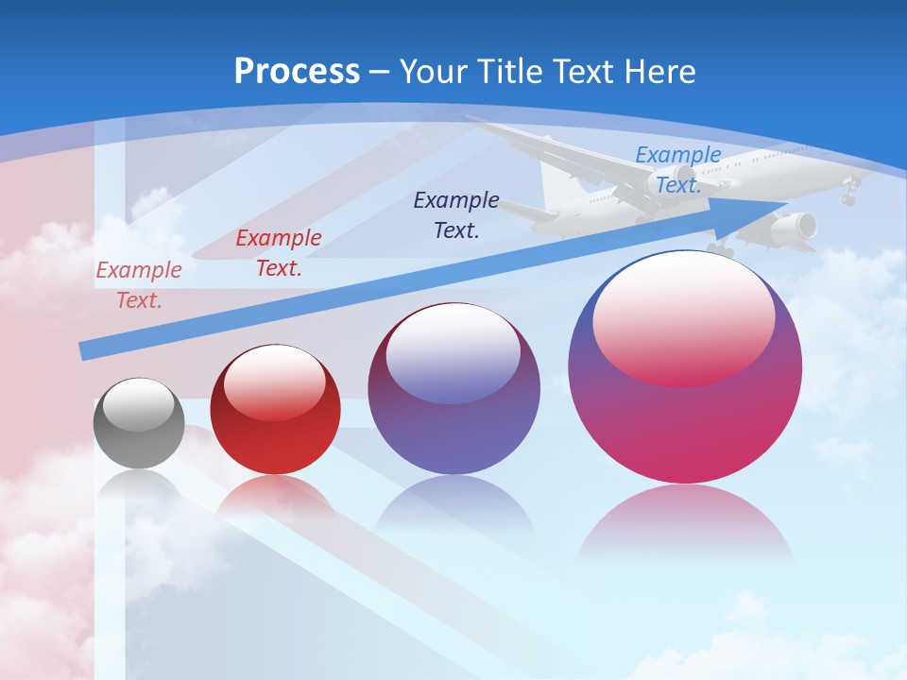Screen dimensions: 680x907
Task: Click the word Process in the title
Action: tap(297, 71)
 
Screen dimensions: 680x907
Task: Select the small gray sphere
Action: tap(139, 423)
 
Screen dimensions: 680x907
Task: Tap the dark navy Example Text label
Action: tap(456, 214)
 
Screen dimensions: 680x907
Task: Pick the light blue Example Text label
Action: tap(677, 170)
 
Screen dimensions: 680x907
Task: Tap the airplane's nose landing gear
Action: tap(848, 197)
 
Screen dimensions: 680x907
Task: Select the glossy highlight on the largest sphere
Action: tap(684, 321)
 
